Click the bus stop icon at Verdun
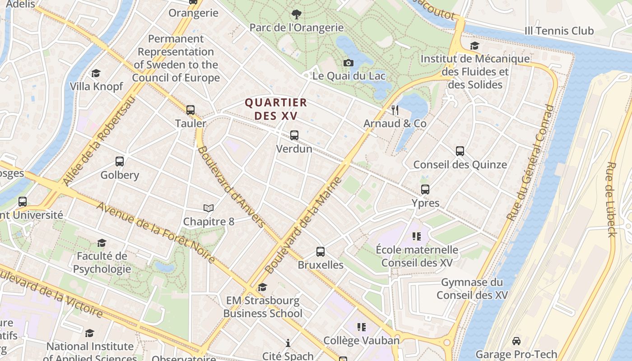[x=294, y=135]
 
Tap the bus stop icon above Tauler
[x=191, y=110]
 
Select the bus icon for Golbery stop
[x=120, y=161]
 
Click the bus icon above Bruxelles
[x=321, y=251]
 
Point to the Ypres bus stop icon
[x=425, y=190]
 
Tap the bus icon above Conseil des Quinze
[x=460, y=151]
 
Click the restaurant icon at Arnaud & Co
[x=395, y=110]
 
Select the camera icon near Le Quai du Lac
[x=348, y=63]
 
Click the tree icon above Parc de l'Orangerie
[x=297, y=14]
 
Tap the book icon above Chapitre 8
[x=208, y=208]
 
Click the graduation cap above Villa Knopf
[x=96, y=73]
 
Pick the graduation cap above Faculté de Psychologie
[x=102, y=243]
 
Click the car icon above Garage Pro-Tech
[x=516, y=341]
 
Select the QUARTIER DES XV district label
[x=276, y=109]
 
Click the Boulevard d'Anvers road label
[x=231, y=186]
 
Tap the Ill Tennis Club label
[x=559, y=31]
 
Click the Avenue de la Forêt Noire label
[x=156, y=232]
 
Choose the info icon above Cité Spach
[x=288, y=343]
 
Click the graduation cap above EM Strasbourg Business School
[x=262, y=287]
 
